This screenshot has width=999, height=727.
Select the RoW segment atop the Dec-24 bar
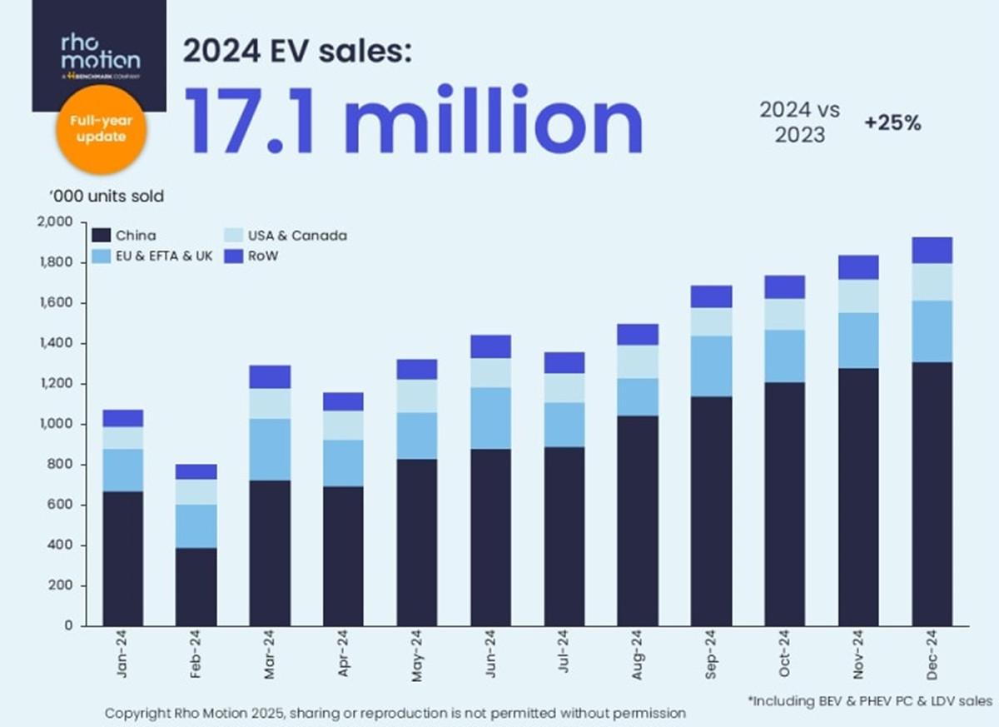click(933, 250)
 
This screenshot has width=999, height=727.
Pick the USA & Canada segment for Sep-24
click(712, 321)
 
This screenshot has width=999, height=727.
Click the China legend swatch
click(102, 236)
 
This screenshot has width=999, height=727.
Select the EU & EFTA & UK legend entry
click(164, 256)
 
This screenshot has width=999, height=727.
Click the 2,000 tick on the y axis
click(56, 222)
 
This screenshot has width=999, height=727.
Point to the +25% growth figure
click(892, 122)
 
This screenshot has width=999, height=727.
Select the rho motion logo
click(99, 51)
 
